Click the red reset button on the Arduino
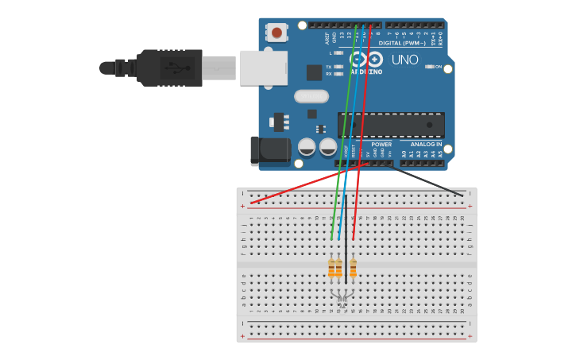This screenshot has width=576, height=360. tap(276, 33)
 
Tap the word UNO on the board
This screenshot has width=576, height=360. tap(405, 60)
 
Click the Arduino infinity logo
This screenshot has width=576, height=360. tap(366, 60)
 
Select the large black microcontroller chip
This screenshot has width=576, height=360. tap(391, 125)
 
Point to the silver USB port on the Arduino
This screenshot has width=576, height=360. tap(263, 68)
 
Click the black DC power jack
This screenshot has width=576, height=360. tap(269, 151)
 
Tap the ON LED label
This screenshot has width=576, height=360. tap(438, 67)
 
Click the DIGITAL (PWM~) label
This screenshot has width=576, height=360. tap(402, 43)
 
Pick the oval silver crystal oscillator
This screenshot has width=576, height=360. tap(311, 96)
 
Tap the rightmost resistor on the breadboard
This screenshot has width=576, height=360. tap(353, 269)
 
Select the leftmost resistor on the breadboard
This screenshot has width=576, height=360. tap(331, 269)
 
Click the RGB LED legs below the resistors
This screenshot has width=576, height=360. tap(342, 297)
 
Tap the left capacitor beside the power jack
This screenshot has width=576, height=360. tap(307, 147)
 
